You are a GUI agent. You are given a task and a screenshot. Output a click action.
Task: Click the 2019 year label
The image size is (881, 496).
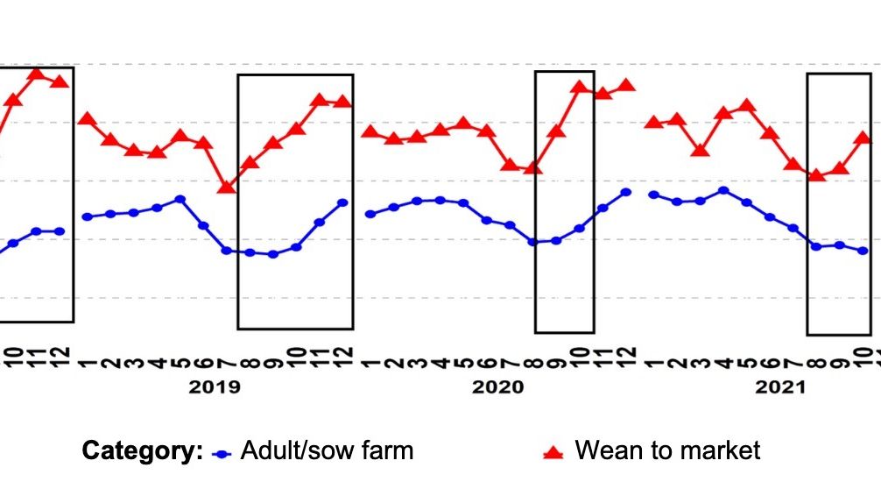[x=215, y=387]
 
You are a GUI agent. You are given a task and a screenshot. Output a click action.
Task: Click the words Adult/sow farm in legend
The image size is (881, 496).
[x=327, y=451]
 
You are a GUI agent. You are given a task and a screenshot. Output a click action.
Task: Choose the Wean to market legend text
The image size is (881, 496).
[x=667, y=451]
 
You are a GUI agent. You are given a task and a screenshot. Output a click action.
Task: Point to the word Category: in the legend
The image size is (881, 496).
[x=142, y=451]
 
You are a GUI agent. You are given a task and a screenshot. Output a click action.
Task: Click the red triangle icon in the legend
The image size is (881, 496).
[x=553, y=452]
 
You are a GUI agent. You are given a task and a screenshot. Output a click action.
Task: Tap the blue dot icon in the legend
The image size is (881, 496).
[x=223, y=453]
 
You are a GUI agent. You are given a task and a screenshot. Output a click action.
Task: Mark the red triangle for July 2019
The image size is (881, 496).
[x=227, y=187]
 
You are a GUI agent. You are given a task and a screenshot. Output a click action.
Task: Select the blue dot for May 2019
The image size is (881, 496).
[x=180, y=199]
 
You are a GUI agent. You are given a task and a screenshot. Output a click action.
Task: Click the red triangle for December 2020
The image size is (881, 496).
[x=626, y=85]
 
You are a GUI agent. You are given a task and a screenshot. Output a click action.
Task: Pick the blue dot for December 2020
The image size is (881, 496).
[x=626, y=192]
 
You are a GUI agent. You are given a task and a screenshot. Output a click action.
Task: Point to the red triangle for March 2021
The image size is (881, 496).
[x=700, y=150]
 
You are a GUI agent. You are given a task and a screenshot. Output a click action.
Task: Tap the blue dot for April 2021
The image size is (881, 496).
[x=723, y=190]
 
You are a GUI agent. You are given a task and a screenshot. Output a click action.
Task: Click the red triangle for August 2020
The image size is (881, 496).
[x=532, y=167]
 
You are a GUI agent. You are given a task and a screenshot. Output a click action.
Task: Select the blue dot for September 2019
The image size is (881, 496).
[x=273, y=254]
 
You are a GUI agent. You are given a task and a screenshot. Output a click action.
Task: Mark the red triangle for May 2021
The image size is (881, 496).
[x=746, y=106]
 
